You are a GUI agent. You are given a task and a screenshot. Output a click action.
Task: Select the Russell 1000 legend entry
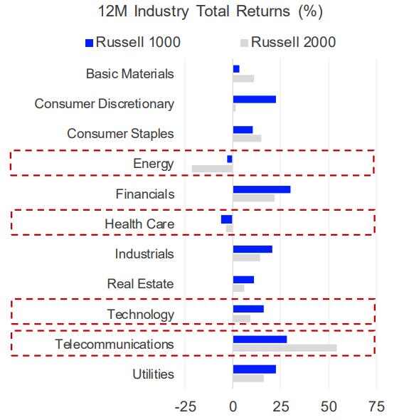tap(132, 43)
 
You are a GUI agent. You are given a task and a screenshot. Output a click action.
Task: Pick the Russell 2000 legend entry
tap(285, 43)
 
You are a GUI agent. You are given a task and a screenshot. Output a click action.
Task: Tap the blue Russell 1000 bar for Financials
tap(261, 189)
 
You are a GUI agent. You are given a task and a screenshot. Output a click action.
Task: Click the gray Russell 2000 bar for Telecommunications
tap(285, 348)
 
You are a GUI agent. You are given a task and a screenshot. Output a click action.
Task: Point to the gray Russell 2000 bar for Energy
tap(212, 169)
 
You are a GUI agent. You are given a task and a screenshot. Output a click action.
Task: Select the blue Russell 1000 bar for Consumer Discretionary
tap(254, 100)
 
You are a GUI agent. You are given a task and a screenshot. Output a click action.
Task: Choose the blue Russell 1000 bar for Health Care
tap(227, 219)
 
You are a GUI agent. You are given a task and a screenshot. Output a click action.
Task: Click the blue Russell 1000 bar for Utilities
tap(254, 369)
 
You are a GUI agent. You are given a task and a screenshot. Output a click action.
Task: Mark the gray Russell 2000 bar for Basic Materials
tap(243, 78)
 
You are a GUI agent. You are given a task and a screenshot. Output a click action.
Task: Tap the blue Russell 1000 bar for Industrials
tap(253, 249)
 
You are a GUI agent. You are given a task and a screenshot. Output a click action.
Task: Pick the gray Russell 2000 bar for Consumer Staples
tap(247, 138)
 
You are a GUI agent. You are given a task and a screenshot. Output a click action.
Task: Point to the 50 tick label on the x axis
tap(329, 406)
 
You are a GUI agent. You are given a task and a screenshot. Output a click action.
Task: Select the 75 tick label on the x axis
tap(376, 406)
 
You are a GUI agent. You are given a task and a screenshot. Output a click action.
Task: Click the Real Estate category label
tap(140, 284)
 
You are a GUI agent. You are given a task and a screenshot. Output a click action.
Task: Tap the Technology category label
tap(140, 314)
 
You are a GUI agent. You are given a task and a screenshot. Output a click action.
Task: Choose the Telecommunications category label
tap(115, 345)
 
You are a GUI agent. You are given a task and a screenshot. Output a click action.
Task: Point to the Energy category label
tap(153, 164)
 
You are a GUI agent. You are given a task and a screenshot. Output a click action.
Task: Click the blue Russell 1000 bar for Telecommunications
tap(260, 340)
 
